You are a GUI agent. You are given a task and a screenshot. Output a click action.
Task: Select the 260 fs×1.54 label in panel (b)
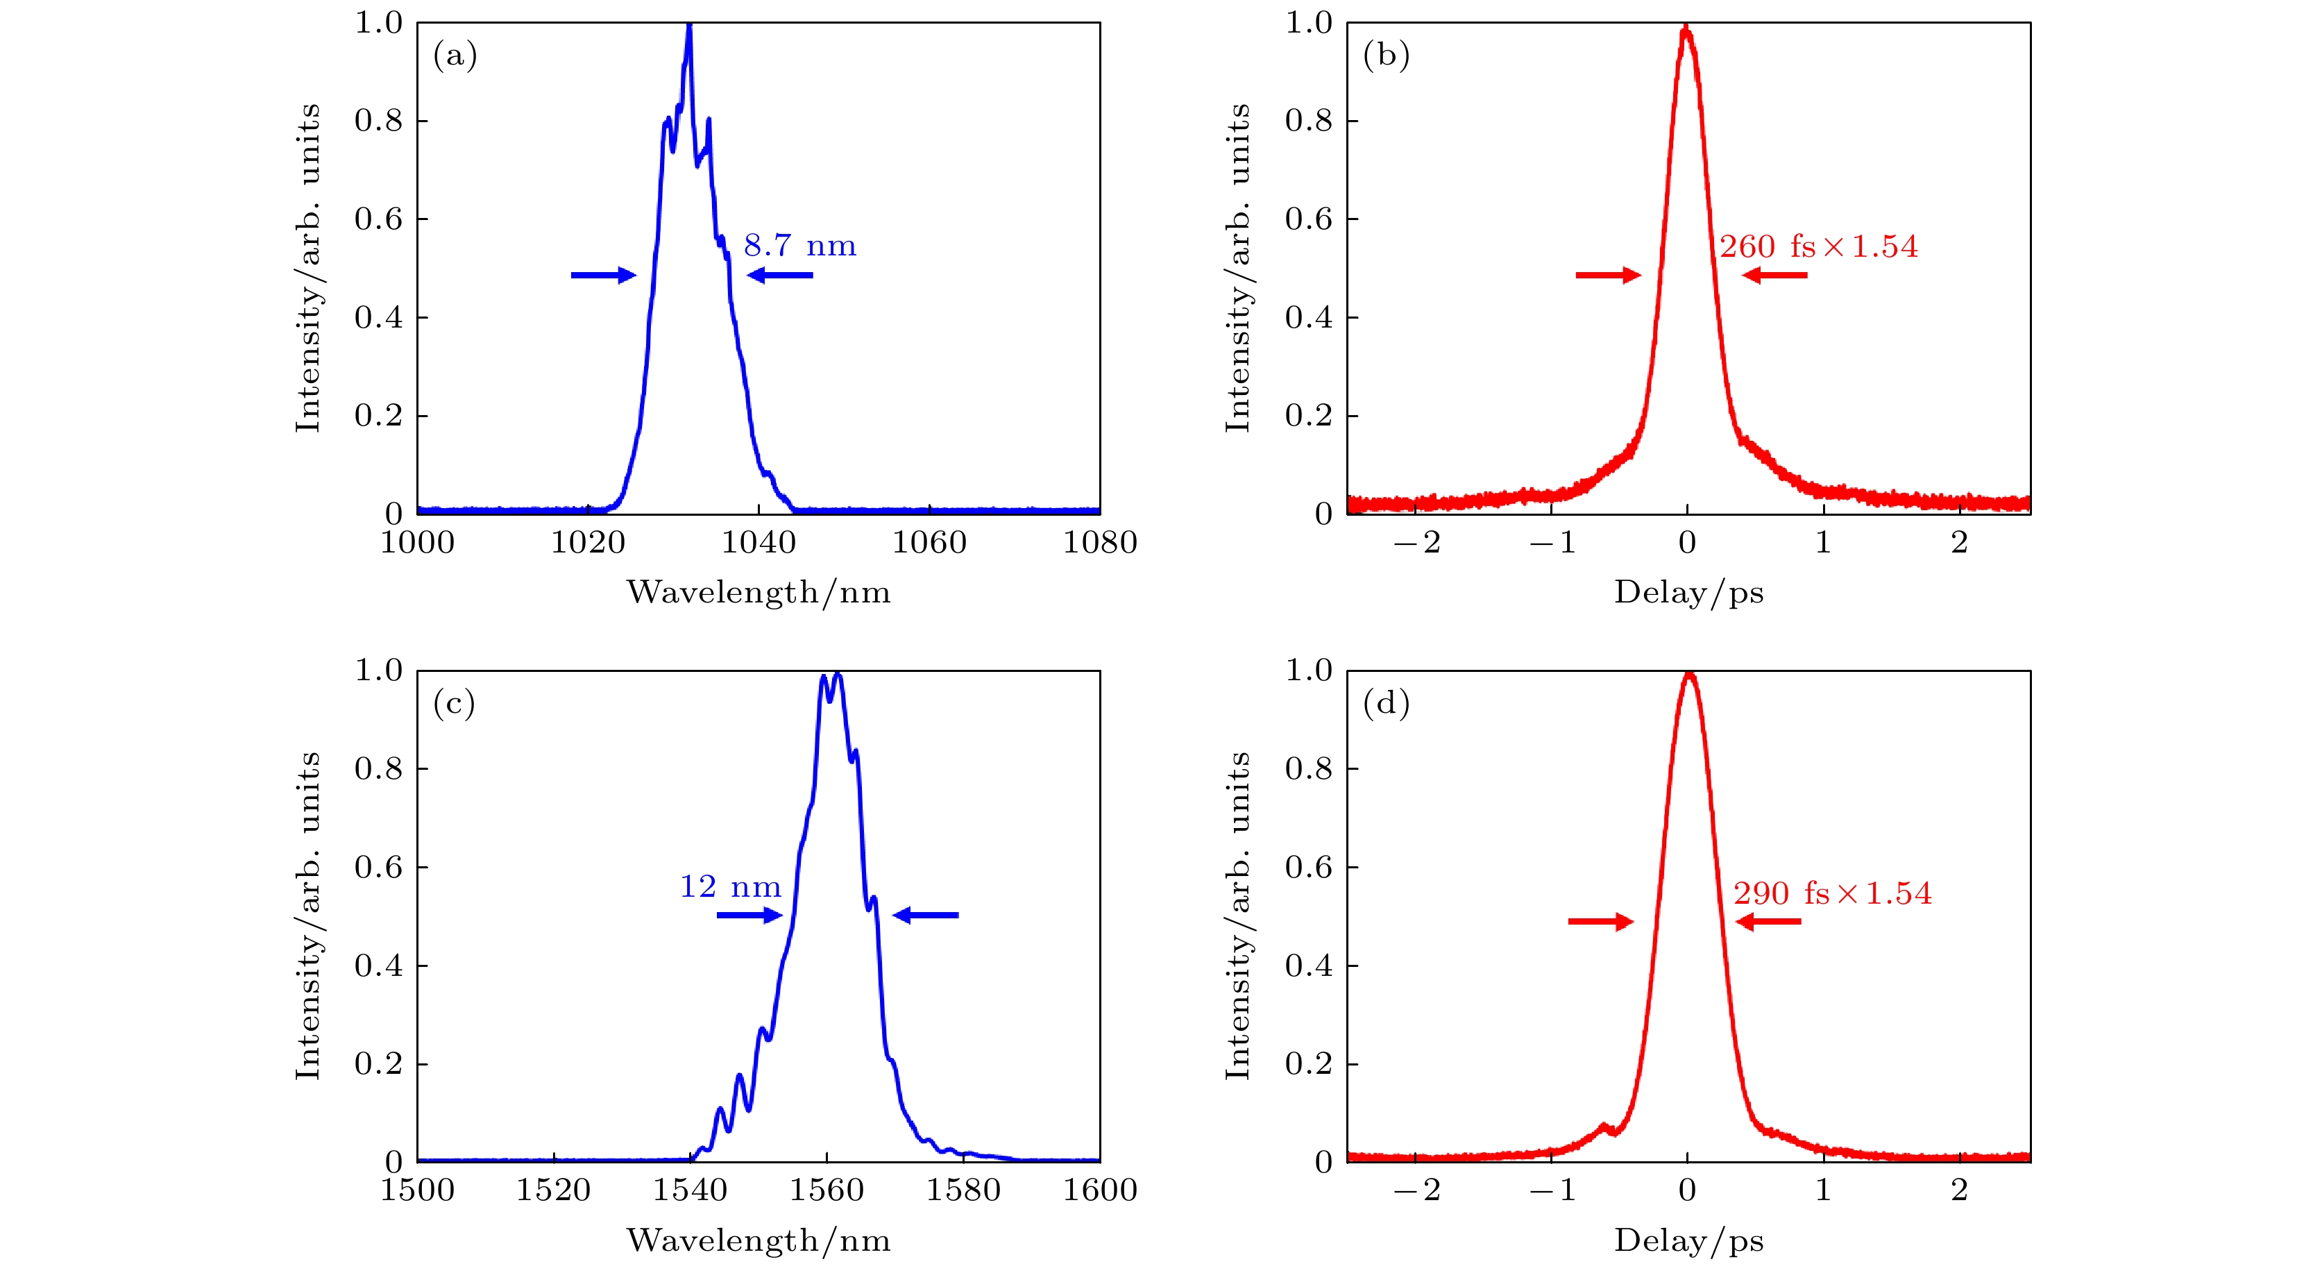point(1818,246)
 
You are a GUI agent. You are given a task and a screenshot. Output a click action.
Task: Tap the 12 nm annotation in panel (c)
point(730,886)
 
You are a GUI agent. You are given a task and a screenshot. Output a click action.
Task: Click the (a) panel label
point(455,56)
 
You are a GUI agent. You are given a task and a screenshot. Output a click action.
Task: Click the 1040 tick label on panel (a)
point(758,543)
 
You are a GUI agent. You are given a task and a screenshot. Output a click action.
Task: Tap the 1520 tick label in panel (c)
point(552,1190)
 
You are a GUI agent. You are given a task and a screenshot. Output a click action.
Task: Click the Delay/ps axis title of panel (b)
point(1688,592)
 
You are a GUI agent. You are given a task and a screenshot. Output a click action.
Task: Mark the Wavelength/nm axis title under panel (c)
point(758,1240)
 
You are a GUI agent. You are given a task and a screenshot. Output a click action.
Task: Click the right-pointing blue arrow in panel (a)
point(603,275)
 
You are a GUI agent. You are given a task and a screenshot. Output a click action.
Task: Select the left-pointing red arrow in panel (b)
point(1774,275)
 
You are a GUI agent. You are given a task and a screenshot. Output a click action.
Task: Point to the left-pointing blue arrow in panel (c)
point(925,915)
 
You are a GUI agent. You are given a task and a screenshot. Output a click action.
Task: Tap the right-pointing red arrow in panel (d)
point(1601,921)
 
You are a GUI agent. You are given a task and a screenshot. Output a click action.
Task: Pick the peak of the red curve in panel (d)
point(1688,675)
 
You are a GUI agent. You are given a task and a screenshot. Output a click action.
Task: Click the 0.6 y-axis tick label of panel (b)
point(1308,219)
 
